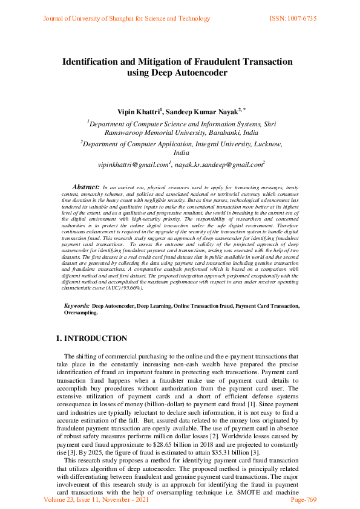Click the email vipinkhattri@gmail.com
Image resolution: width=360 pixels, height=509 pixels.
pos(133,164)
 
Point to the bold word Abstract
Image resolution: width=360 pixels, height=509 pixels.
pos(86,188)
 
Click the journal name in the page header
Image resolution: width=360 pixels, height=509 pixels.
pos(118,19)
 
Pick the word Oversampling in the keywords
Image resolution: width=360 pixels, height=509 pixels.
pos(80,314)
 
